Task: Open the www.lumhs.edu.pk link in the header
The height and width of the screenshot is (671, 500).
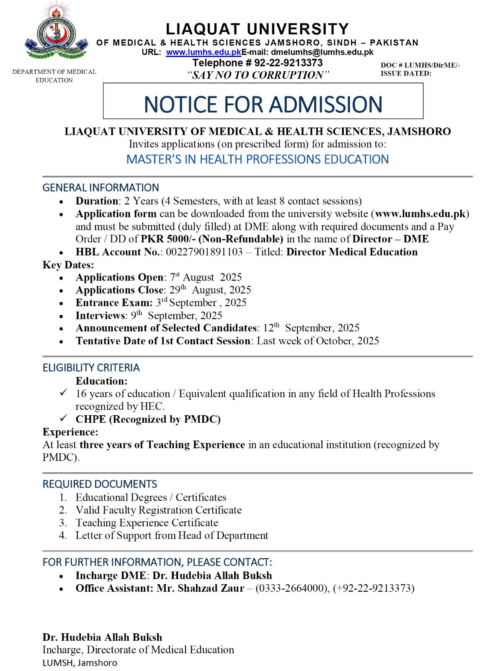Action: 204,52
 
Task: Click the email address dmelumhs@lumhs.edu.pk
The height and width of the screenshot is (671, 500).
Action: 322,52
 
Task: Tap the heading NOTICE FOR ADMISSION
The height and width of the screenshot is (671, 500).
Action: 263,104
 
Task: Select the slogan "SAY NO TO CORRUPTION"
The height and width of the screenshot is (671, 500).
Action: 258,75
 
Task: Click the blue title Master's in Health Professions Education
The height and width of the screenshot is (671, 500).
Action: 258,159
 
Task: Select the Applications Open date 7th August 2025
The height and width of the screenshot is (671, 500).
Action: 206,278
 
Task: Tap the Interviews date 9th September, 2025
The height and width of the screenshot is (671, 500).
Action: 176,315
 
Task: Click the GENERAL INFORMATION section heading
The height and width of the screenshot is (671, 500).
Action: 101,187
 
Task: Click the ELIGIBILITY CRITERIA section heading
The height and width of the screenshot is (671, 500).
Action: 91,368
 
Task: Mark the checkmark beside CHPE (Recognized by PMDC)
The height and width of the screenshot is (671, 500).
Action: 63,419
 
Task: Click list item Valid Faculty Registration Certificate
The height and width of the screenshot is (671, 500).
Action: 158,510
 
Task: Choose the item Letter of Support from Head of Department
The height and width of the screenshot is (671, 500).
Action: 172,536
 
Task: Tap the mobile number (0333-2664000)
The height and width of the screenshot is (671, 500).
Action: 293,588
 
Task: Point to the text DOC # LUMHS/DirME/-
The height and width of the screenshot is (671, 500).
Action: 420,65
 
